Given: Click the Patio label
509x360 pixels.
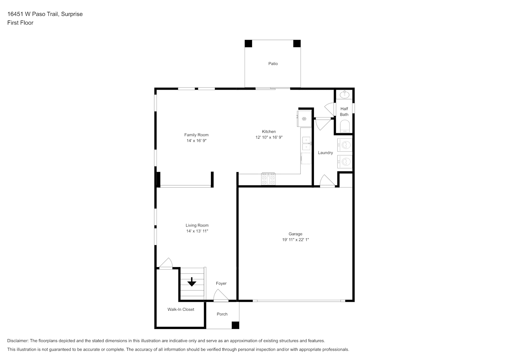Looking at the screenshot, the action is [273, 64].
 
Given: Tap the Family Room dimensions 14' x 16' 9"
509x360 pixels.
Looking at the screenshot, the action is [196, 141].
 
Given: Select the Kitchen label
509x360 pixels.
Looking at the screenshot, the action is [269, 132].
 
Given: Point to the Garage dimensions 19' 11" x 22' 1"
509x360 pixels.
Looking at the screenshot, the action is [296, 239].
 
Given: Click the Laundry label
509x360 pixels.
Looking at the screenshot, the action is [325, 153].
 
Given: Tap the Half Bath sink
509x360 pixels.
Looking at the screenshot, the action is [344, 94].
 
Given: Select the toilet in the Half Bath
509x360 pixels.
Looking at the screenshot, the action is [345, 126].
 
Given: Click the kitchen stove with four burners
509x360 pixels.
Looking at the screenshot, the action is [268, 179].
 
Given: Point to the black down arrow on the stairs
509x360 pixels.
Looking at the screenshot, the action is [192, 282].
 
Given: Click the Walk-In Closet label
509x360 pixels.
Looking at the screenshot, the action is [181, 309].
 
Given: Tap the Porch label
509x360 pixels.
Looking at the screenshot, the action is [222, 314].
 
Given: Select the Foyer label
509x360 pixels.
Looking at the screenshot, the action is [221, 283].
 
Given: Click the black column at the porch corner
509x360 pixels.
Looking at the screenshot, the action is [235, 325].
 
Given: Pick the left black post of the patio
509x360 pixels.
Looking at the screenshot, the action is [248, 44].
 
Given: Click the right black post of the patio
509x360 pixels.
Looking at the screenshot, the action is [297, 44].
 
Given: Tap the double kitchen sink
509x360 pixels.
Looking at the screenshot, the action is [306, 143].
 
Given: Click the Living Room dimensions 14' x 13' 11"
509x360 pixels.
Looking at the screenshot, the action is [197, 231].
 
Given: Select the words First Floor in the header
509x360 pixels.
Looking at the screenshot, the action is [20, 23].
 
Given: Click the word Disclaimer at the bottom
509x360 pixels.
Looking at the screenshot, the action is [18, 341].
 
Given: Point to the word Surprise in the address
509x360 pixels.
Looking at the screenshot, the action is [72, 14].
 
